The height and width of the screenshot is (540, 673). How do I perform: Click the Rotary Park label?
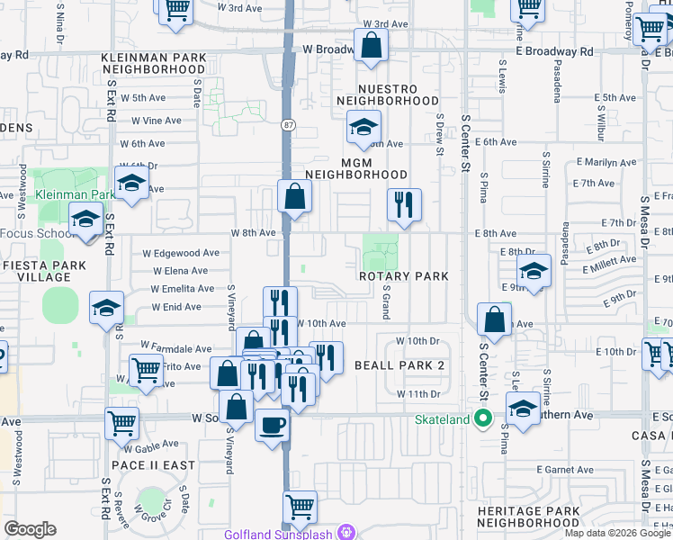pos(403,276)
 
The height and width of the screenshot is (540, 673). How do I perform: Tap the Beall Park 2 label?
pos(399,364)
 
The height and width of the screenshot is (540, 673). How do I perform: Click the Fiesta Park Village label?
pos(36,272)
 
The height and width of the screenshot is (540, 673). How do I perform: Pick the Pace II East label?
pos(153,464)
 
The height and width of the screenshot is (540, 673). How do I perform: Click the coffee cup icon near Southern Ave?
pos(272,424)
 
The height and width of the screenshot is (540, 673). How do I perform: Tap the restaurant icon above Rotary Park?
pos(404,204)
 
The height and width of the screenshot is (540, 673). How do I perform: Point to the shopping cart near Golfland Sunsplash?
pos(300,506)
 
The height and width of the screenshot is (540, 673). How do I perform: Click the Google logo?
pos(31,529)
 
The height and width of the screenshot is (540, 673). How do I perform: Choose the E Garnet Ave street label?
pos(565,470)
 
